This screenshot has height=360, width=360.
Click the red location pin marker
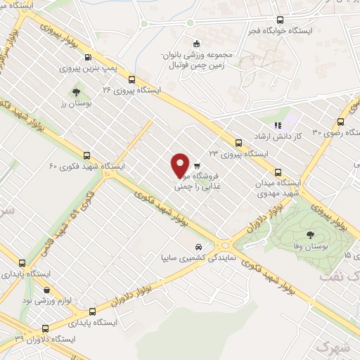[x=181, y=165]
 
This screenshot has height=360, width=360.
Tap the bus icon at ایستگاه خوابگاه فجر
[x=281, y=20]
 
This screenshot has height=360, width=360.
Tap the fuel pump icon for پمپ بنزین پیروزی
[x=87, y=58]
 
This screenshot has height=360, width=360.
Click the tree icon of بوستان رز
[x=77, y=91]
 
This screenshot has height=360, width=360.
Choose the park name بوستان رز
[x=72, y=103]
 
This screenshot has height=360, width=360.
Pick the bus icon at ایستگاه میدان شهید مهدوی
[x=278, y=172]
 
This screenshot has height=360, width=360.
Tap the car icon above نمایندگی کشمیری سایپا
[x=201, y=247]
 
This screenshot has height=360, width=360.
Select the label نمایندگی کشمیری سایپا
[x=188, y=258]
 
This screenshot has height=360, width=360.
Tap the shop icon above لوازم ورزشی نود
[x=46, y=289]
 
